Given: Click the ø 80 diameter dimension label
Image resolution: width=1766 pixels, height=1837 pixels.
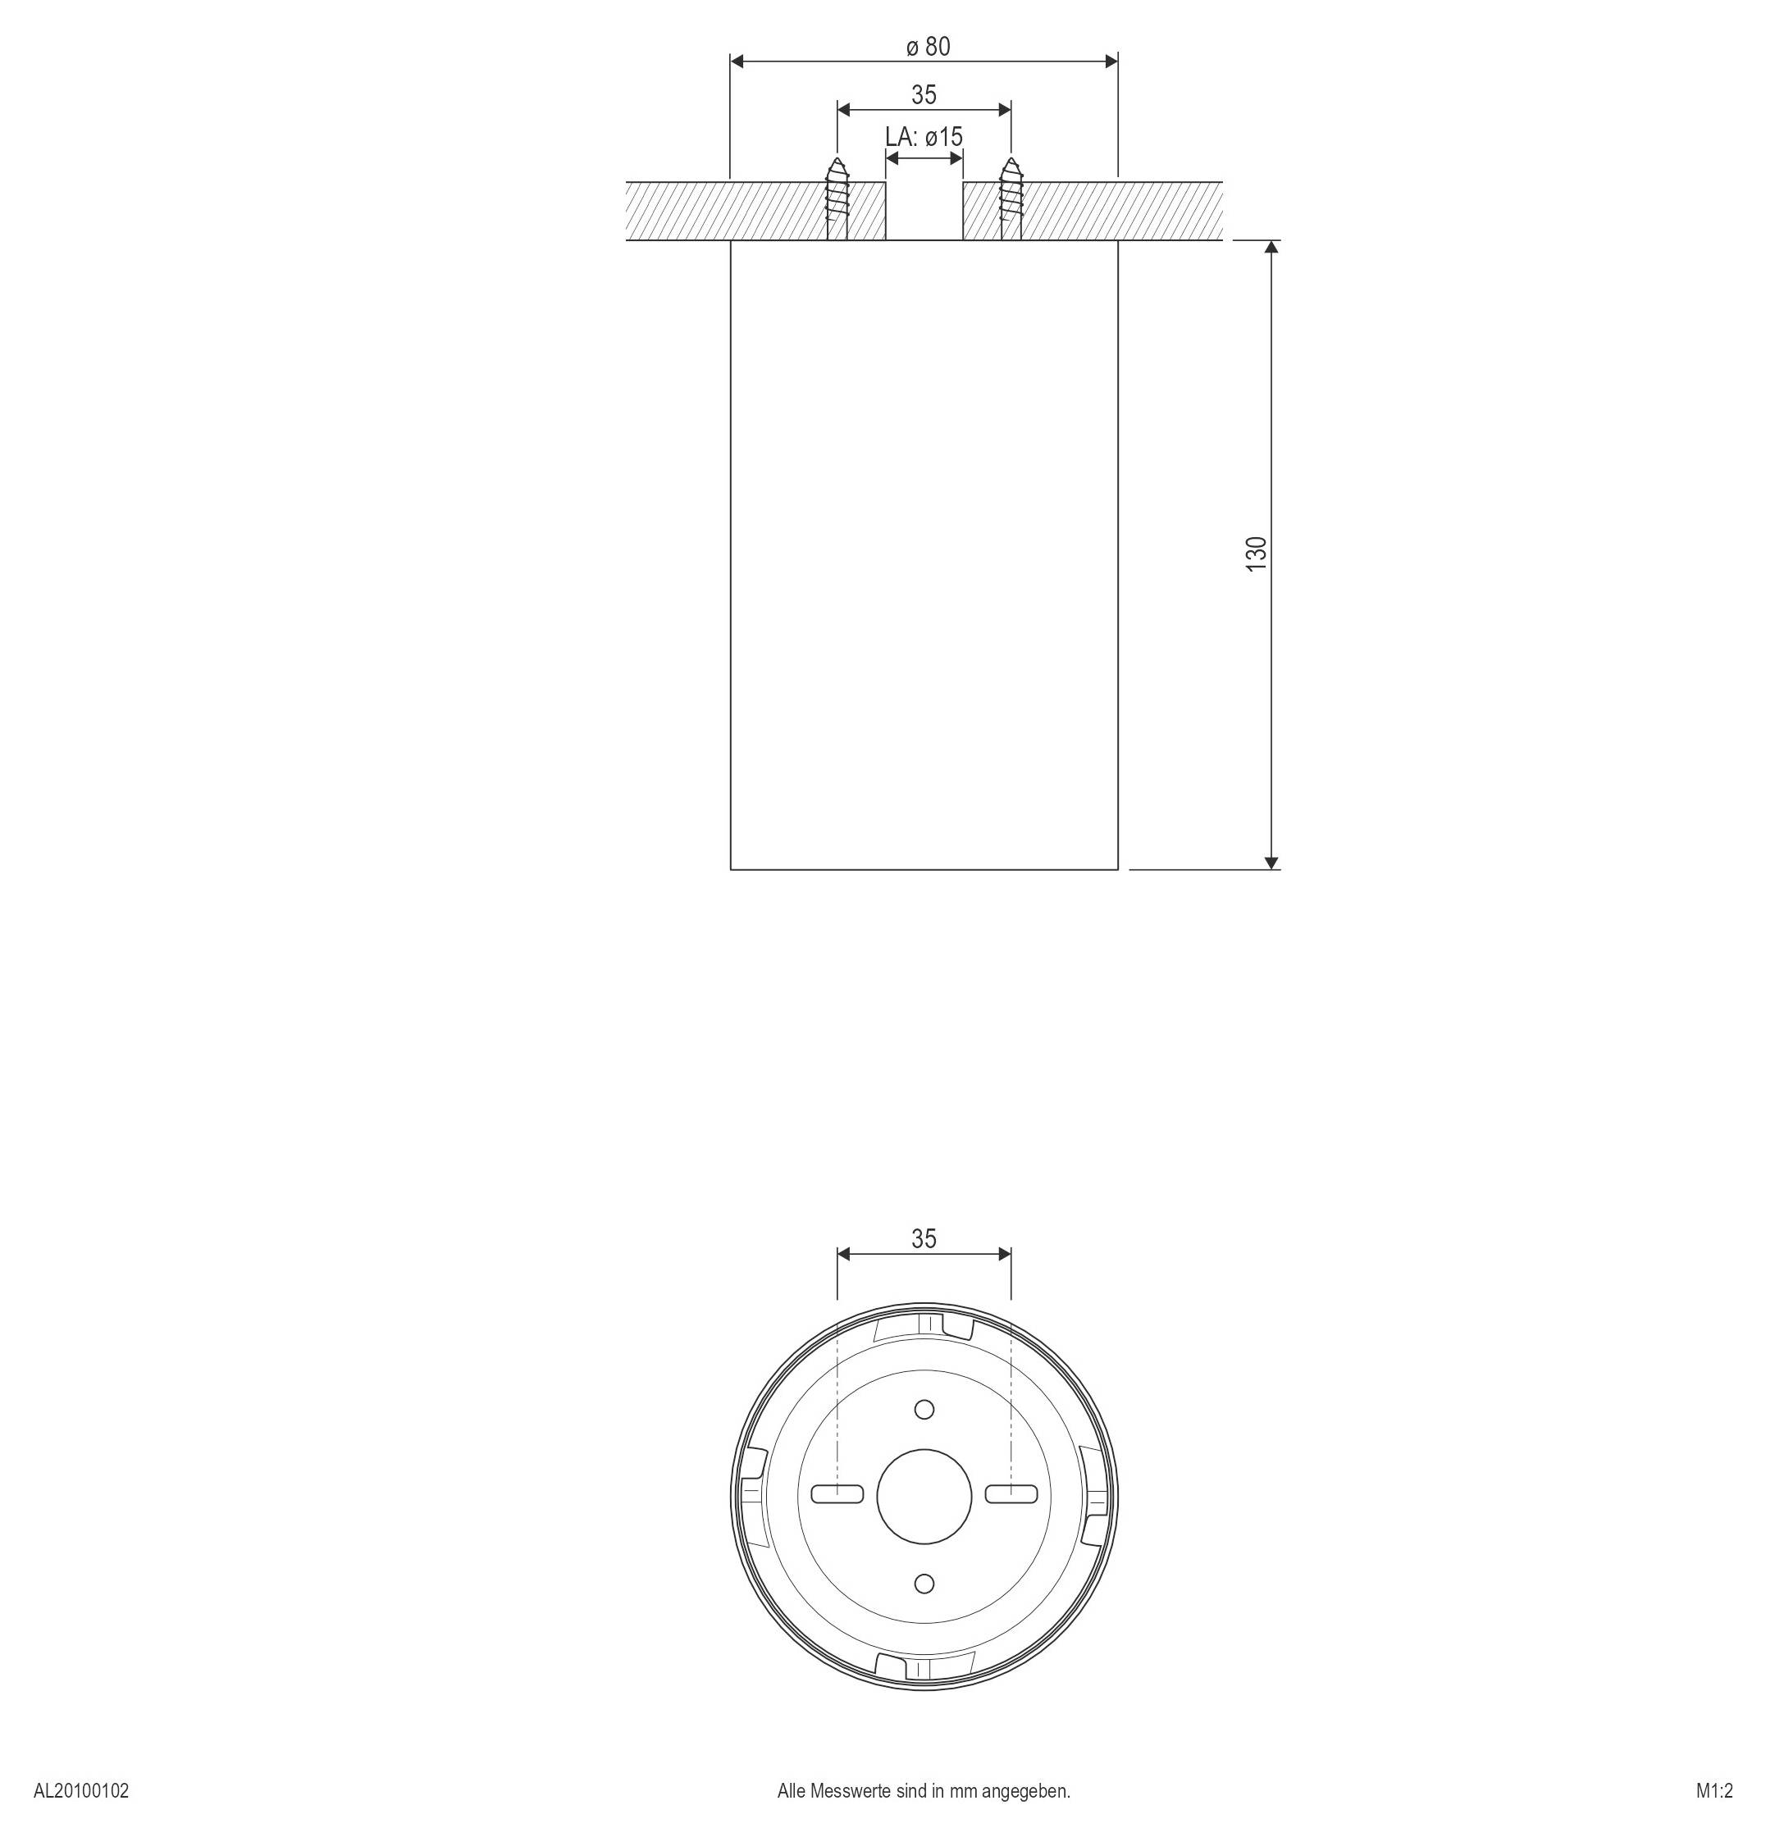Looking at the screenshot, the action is (928, 47).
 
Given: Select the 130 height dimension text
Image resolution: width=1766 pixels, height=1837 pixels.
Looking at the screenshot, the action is (1256, 555).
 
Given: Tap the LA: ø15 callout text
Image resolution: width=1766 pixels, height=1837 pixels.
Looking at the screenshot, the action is (924, 137).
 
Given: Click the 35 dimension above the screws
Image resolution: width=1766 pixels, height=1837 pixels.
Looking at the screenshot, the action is (924, 94).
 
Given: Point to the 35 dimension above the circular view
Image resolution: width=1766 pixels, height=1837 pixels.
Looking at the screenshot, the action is (924, 1239).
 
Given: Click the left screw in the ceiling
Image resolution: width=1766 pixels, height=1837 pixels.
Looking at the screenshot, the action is (837, 198).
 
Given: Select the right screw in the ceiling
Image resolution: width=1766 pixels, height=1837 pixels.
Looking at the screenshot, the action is (1011, 198).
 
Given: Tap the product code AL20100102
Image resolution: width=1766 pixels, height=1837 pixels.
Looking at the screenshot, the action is (81, 1791).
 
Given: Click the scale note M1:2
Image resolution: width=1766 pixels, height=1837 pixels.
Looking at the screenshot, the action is (1714, 1791).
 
